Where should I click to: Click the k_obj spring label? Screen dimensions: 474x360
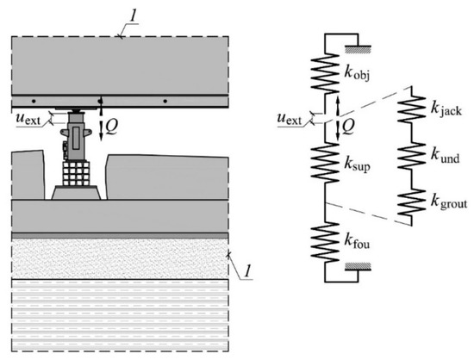357,74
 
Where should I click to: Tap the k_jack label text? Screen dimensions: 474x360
446,109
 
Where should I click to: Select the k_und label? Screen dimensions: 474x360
445,157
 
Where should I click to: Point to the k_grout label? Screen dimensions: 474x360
449,202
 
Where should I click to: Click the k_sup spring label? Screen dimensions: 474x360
358,164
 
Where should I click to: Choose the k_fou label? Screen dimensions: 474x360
357,242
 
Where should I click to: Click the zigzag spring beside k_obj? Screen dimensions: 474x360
325,73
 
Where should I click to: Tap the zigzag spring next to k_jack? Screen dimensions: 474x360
411,109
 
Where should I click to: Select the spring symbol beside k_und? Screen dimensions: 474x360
411,157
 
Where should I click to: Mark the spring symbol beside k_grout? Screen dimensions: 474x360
411,202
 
